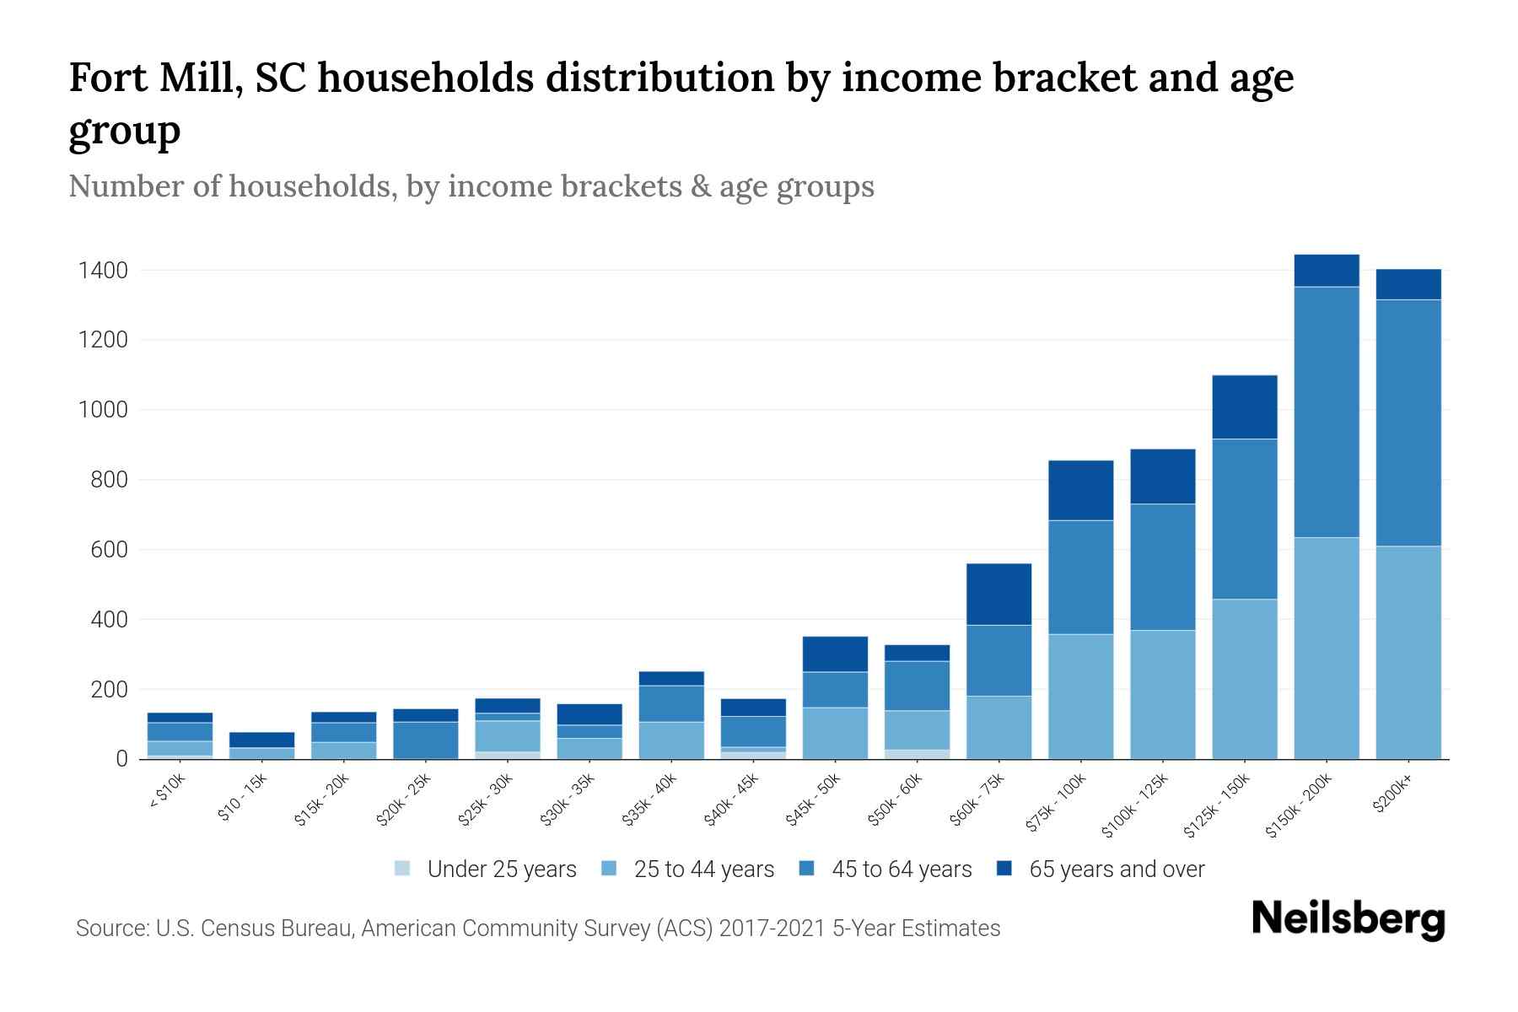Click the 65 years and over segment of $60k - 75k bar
click(x=999, y=594)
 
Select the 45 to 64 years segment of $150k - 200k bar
click(x=1327, y=412)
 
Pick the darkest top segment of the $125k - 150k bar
click(x=1245, y=406)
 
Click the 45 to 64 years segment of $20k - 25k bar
click(x=426, y=740)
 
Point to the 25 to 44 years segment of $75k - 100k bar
click(x=1080, y=696)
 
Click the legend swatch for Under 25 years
click(x=403, y=869)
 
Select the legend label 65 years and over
click(x=1117, y=869)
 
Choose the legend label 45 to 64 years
click(x=902, y=869)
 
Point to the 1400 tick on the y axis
click(x=103, y=271)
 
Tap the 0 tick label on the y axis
click(x=122, y=759)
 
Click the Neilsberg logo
click(x=1348, y=919)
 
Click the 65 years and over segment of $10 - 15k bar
click(x=262, y=740)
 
